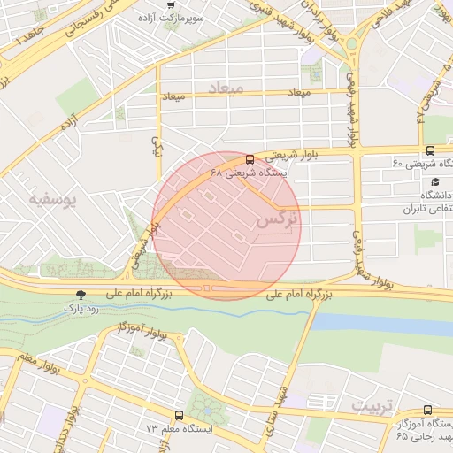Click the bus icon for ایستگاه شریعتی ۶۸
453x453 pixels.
[x=249, y=160]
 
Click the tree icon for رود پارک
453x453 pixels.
[x=81, y=294]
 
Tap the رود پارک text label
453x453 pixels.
[x=76, y=308]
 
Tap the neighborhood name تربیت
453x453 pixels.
[x=371, y=404]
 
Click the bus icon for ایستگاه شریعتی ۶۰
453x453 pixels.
[x=430, y=150]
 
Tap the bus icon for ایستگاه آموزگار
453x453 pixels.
[x=428, y=411]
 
